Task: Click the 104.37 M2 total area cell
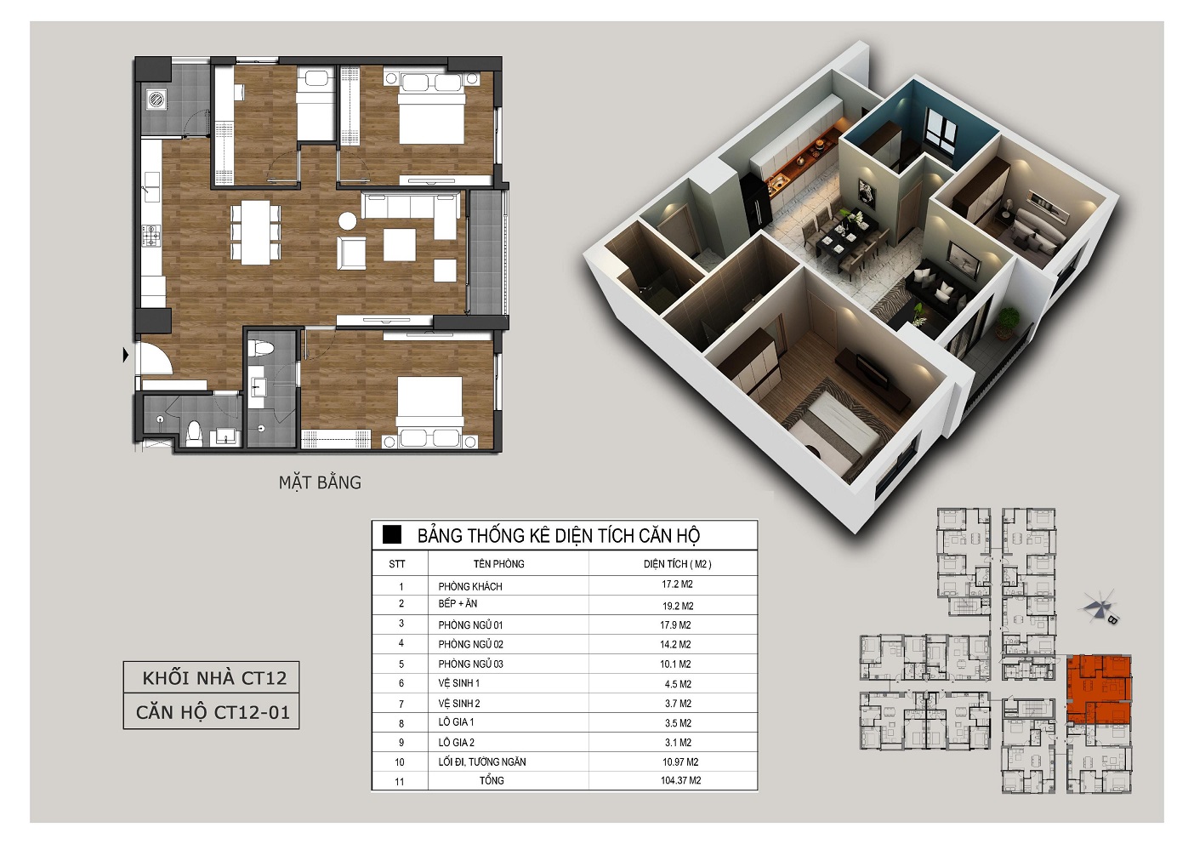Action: (680, 780)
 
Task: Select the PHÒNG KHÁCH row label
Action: (470, 586)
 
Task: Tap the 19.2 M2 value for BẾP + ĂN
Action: (678, 606)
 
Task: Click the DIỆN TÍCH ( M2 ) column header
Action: (677, 563)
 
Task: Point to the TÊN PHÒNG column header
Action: (498, 563)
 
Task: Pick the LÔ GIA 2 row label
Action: (456, 742)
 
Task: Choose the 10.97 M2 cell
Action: (680, 761)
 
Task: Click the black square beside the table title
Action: (392, 534)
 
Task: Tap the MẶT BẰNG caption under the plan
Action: (320, 482)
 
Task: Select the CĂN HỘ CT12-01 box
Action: (211, 711)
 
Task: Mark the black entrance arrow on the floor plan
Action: (126, 355)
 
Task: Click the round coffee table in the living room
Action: (347, 220)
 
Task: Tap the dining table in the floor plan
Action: (256, 232)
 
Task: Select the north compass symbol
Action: (1099, 607)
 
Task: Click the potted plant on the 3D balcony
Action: (1007, 322)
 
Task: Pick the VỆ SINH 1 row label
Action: (459, 683)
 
